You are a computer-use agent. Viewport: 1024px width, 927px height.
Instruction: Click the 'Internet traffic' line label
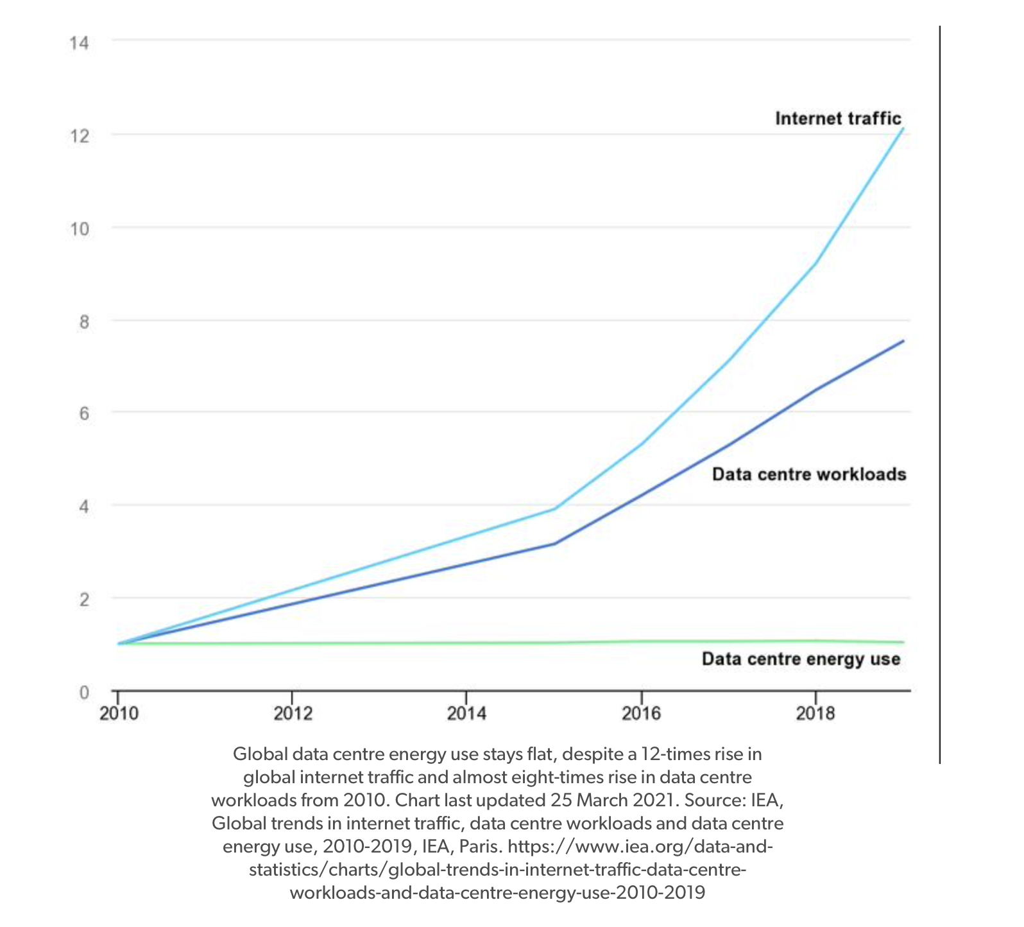[x=838, y=119]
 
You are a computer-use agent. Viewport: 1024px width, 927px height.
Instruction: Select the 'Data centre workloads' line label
[x=809, y=474]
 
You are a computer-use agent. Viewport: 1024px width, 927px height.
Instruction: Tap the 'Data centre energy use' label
[x=801, y=659]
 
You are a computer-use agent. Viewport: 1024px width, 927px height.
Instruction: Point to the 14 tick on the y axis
[x=80, y=43]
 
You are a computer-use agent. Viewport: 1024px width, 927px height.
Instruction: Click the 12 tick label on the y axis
[x=80, y=136]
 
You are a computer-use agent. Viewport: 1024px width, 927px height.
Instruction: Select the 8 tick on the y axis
[x=84, y=322]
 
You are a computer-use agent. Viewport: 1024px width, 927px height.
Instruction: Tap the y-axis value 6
[x=84, y=413]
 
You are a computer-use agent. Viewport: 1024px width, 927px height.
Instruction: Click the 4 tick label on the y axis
[x=84, y=507]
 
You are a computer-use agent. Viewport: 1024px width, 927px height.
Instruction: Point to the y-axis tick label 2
[x=84, y=600]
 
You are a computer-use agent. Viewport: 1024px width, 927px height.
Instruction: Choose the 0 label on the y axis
[x=84, y=693]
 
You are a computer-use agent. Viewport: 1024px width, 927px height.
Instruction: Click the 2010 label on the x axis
[x=119, y=713]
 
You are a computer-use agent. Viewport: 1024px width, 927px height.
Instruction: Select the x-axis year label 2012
[x=293, y=713]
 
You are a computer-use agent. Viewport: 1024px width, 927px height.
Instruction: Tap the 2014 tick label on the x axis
[x=466, y=713]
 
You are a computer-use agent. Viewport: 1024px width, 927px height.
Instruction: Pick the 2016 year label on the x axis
[x=641, y=713]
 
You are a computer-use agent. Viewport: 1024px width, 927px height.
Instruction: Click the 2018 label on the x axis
[x=815, y=713]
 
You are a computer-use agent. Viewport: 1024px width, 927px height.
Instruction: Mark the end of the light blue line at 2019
[x=903, y=129]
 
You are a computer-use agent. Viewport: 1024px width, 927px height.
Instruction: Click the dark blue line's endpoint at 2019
[x=903, y=341]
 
